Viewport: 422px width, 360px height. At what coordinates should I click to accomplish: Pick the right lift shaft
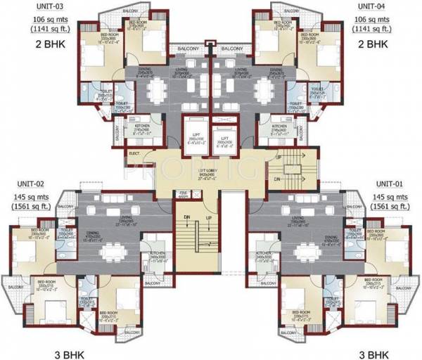pos(224,134)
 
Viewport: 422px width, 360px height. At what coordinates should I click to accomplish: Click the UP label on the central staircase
pos(209,219)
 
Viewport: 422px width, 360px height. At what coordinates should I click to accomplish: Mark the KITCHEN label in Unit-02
pos(155,252)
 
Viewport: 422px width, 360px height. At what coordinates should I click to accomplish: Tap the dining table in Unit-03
pos(156,89)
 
